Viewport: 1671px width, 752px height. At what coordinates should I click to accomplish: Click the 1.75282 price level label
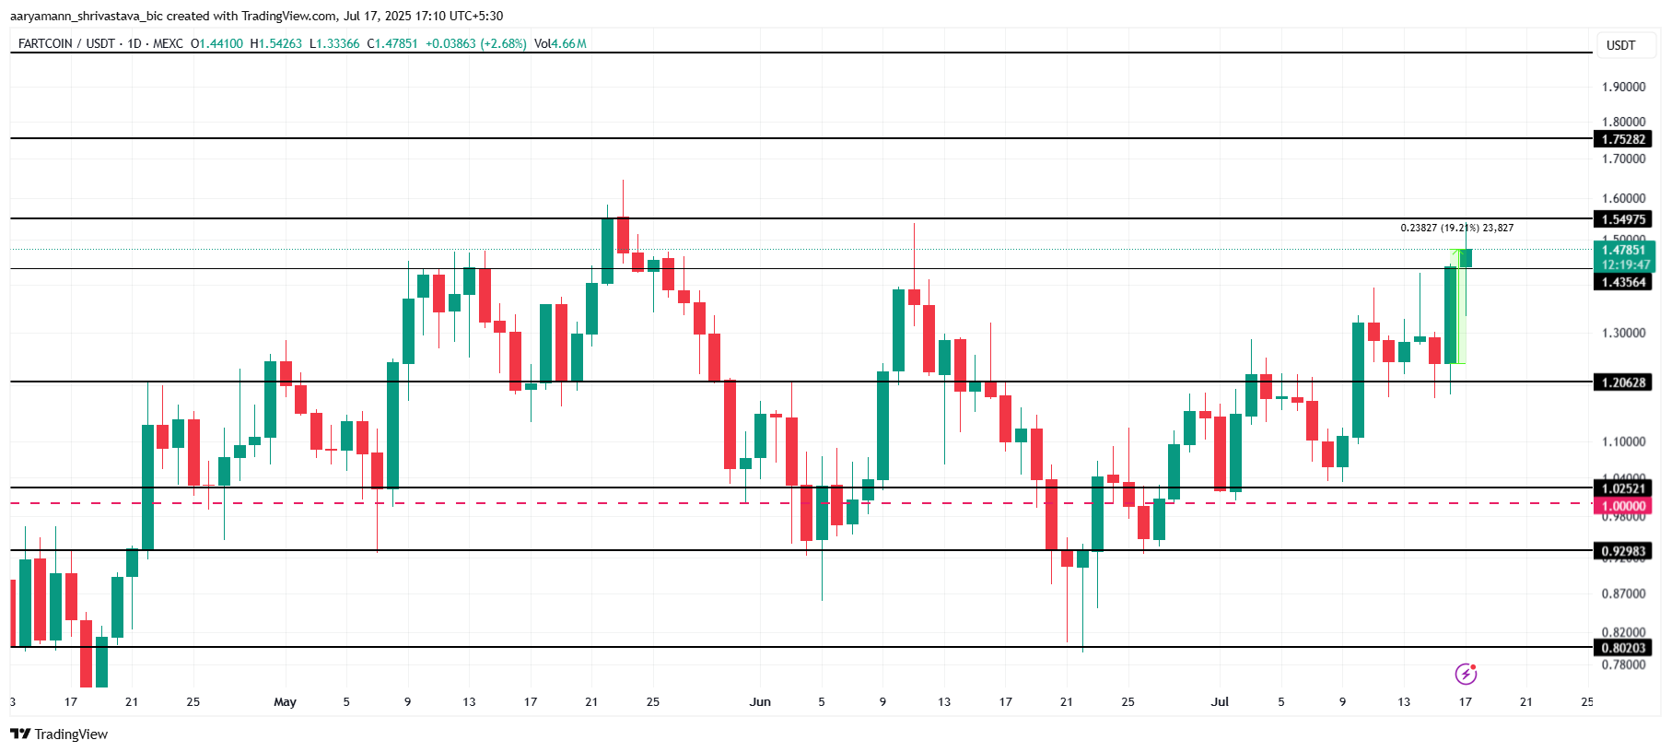(1622, 139)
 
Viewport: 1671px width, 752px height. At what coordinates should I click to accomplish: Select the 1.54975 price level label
(1622, 219)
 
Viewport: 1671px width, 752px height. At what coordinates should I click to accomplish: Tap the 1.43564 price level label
(1622, 282)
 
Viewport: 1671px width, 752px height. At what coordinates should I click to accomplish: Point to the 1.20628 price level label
(1622, 382)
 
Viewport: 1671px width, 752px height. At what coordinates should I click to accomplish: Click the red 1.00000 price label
(1622, 506)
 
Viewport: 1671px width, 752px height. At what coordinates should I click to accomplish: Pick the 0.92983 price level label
(1622, 551)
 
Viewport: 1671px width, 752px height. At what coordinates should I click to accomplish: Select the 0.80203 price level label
(1622, 648)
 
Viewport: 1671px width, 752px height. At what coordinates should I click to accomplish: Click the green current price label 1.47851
(1623, 250)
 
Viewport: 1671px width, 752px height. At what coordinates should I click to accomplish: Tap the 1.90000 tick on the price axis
(1623, 87)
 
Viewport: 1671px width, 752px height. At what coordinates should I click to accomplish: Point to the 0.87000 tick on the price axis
(1623, 593)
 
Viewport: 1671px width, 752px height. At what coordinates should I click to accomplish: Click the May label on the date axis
(286, 702)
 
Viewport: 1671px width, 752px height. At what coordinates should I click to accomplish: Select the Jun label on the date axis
(760, 702)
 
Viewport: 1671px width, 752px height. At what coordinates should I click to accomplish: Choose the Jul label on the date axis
(1220, 702)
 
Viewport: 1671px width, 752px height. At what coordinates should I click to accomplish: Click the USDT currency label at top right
(1620, 45)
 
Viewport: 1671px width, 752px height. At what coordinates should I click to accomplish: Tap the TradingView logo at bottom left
(59, 734)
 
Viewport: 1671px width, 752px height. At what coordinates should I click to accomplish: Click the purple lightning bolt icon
(1466, 675)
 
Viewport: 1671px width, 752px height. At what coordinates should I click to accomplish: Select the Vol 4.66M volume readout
(560, 43)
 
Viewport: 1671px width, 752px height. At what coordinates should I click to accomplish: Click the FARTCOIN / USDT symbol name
(66, 43)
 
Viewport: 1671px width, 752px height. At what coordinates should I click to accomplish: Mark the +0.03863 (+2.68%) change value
(475, 43)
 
